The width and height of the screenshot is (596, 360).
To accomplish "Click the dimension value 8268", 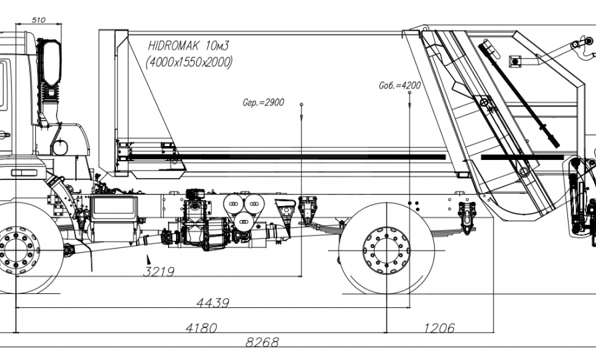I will tap(262, 343).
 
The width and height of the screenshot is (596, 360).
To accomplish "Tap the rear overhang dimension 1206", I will tap(439, 328).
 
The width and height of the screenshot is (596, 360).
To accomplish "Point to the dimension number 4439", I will tap(213, 303).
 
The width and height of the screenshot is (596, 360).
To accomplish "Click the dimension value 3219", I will tap(158, 272).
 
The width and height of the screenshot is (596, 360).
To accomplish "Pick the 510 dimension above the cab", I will tap(38, 21).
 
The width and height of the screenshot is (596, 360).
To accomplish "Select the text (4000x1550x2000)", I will tap(189, 62).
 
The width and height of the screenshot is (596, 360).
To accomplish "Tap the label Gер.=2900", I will tap(264, 103).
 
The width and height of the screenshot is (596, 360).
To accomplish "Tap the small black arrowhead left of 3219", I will tap(149, 260).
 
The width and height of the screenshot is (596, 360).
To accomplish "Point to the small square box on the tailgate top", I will tap(515, 61).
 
